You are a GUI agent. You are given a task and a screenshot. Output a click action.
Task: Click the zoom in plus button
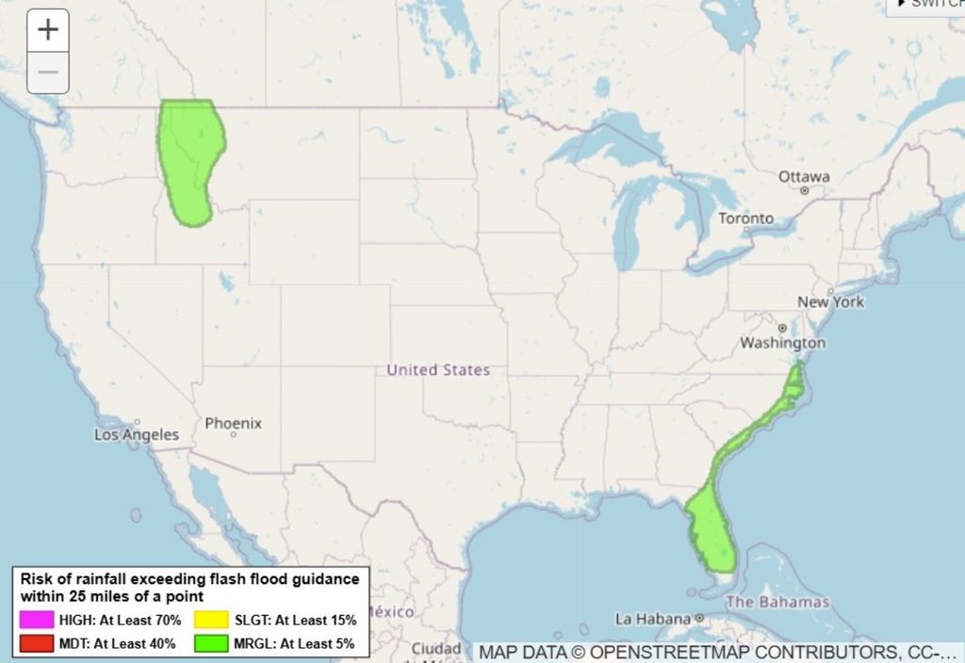[x=47, y=30]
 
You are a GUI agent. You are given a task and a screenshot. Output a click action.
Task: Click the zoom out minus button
[x=47, y=73]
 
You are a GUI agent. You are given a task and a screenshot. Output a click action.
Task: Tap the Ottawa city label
[x=804, y=176]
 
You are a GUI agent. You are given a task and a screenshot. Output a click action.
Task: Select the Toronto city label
[x=745, y=218]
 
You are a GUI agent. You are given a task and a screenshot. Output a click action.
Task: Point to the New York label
[x=830, y=302]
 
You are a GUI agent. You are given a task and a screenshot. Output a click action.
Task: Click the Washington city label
[x=782, y=343]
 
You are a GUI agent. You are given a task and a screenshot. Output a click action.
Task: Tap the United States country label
[x=438, y=370]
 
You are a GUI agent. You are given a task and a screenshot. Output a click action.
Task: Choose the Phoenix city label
[x=233, y=424]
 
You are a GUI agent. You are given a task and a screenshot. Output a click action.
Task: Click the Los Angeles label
[x=137, y=435]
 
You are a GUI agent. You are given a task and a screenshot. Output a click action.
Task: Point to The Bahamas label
[x=778, y=602]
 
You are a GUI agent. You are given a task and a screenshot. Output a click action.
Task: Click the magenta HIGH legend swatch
[x=35, y=620]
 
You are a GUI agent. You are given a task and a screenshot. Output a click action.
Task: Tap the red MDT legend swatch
[x=35, y=644]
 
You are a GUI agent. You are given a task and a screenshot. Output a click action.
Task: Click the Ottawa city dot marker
[x=804, y=190]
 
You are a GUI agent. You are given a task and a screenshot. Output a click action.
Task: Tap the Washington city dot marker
[x=782, y=329]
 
